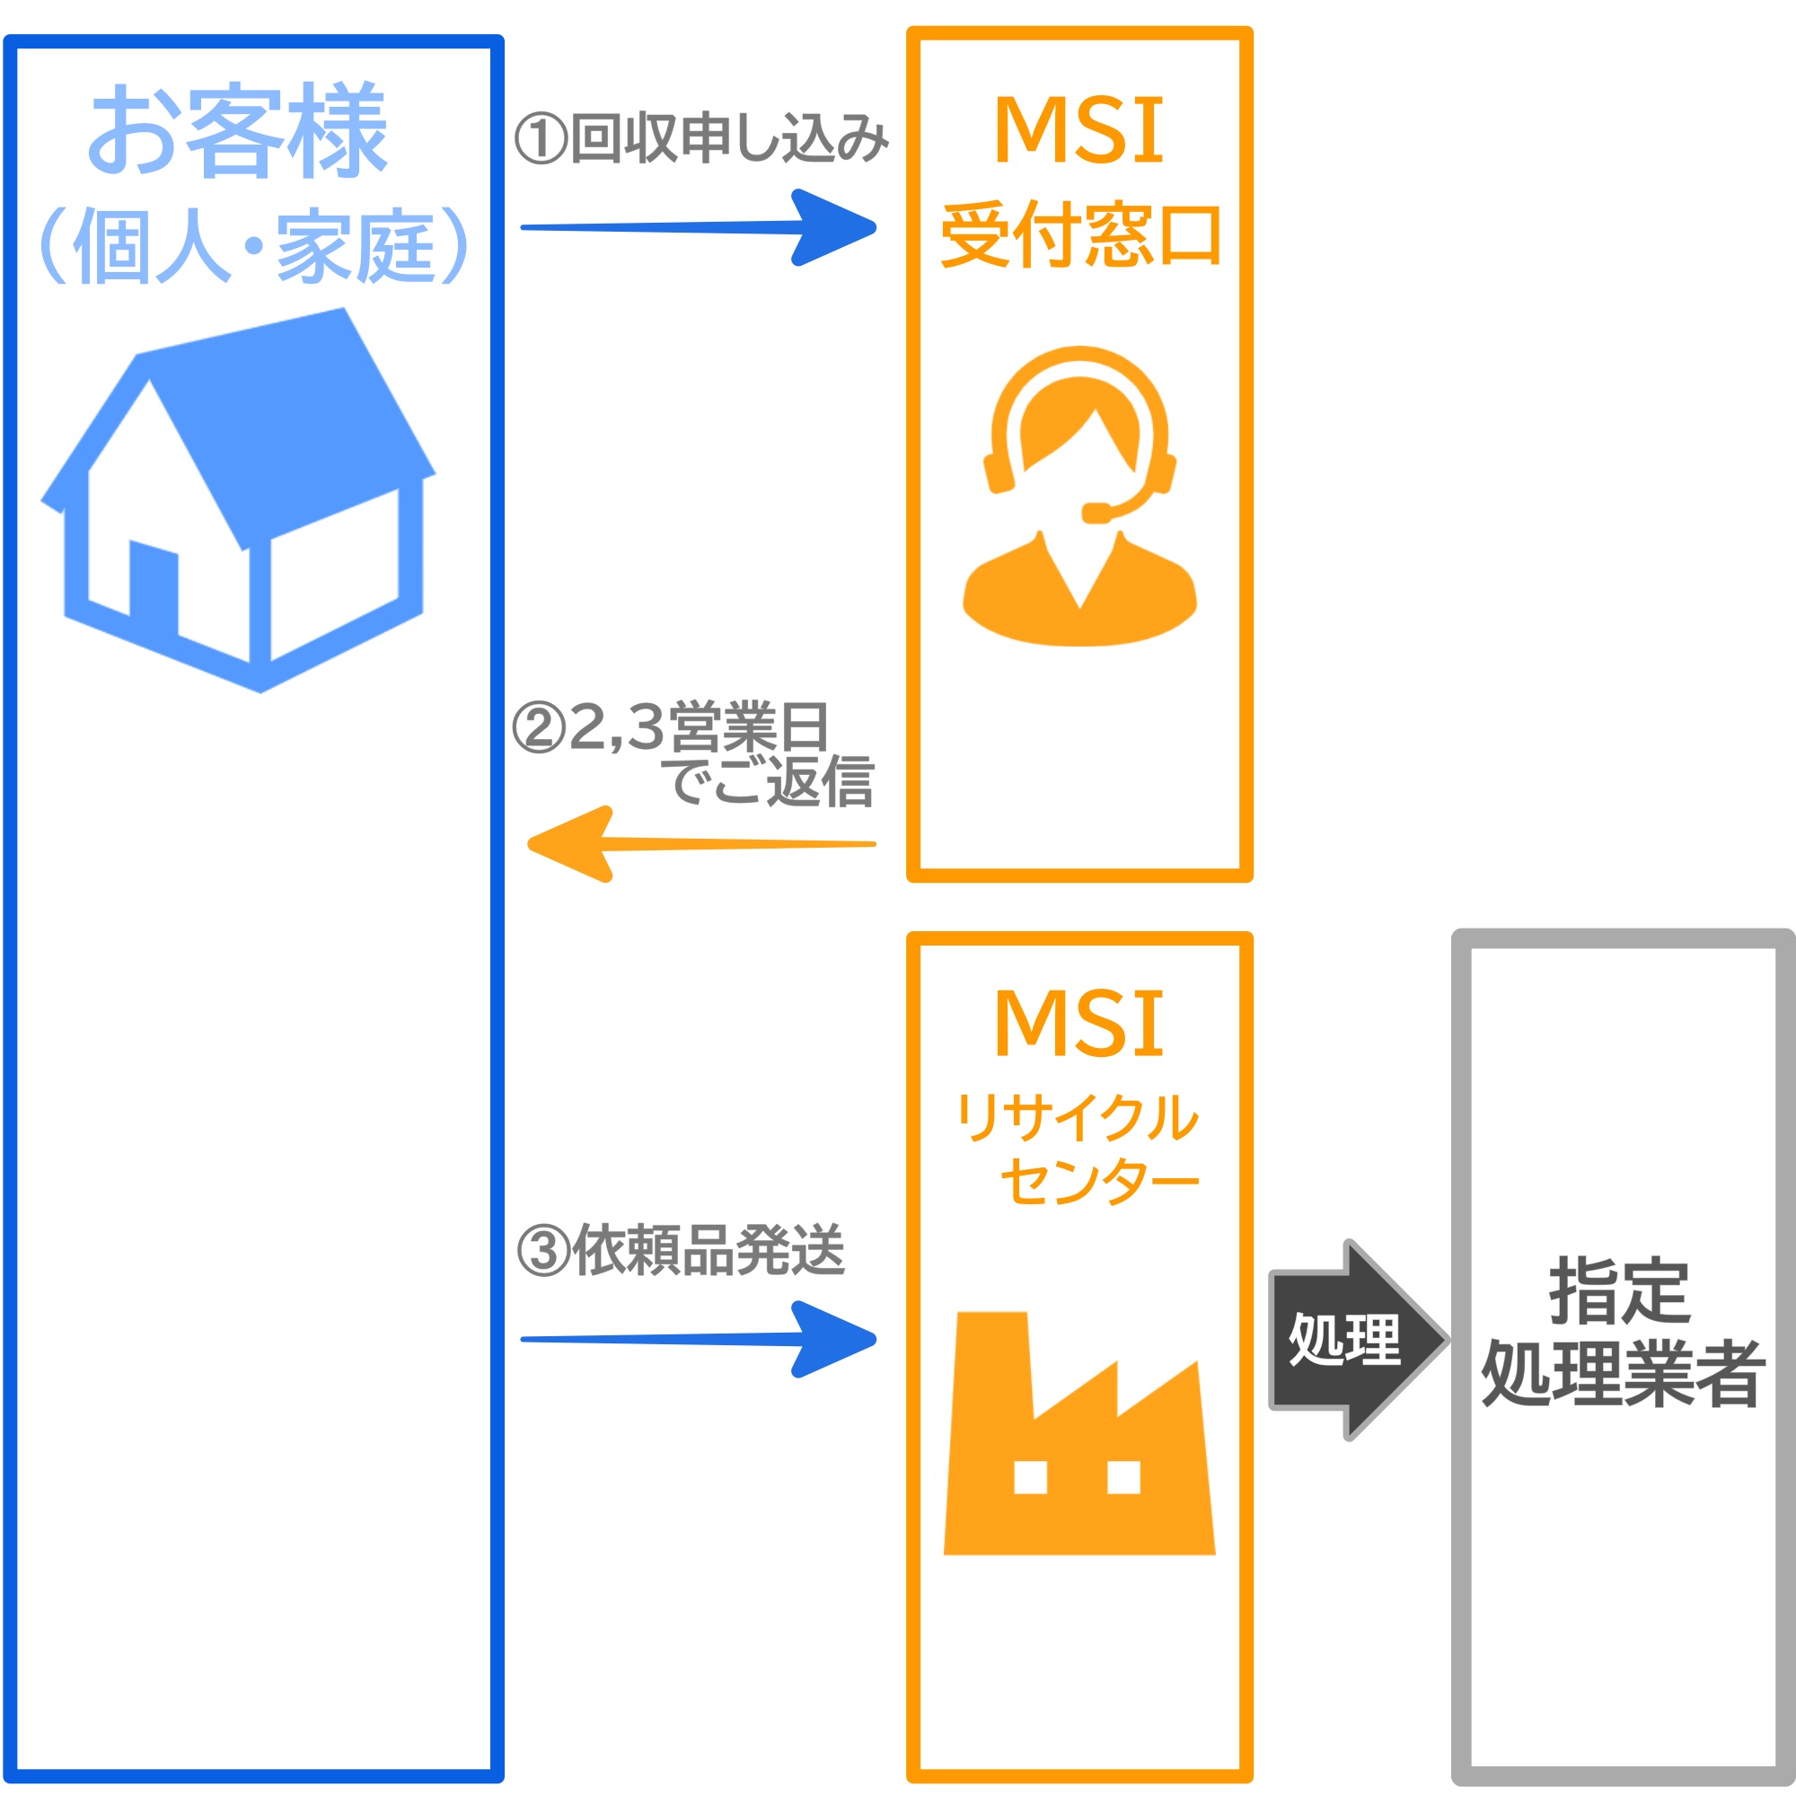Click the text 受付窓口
(x=1080, y=236)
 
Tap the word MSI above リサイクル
(x=1078, y=1024)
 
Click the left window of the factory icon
(x=1030, y=1476)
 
